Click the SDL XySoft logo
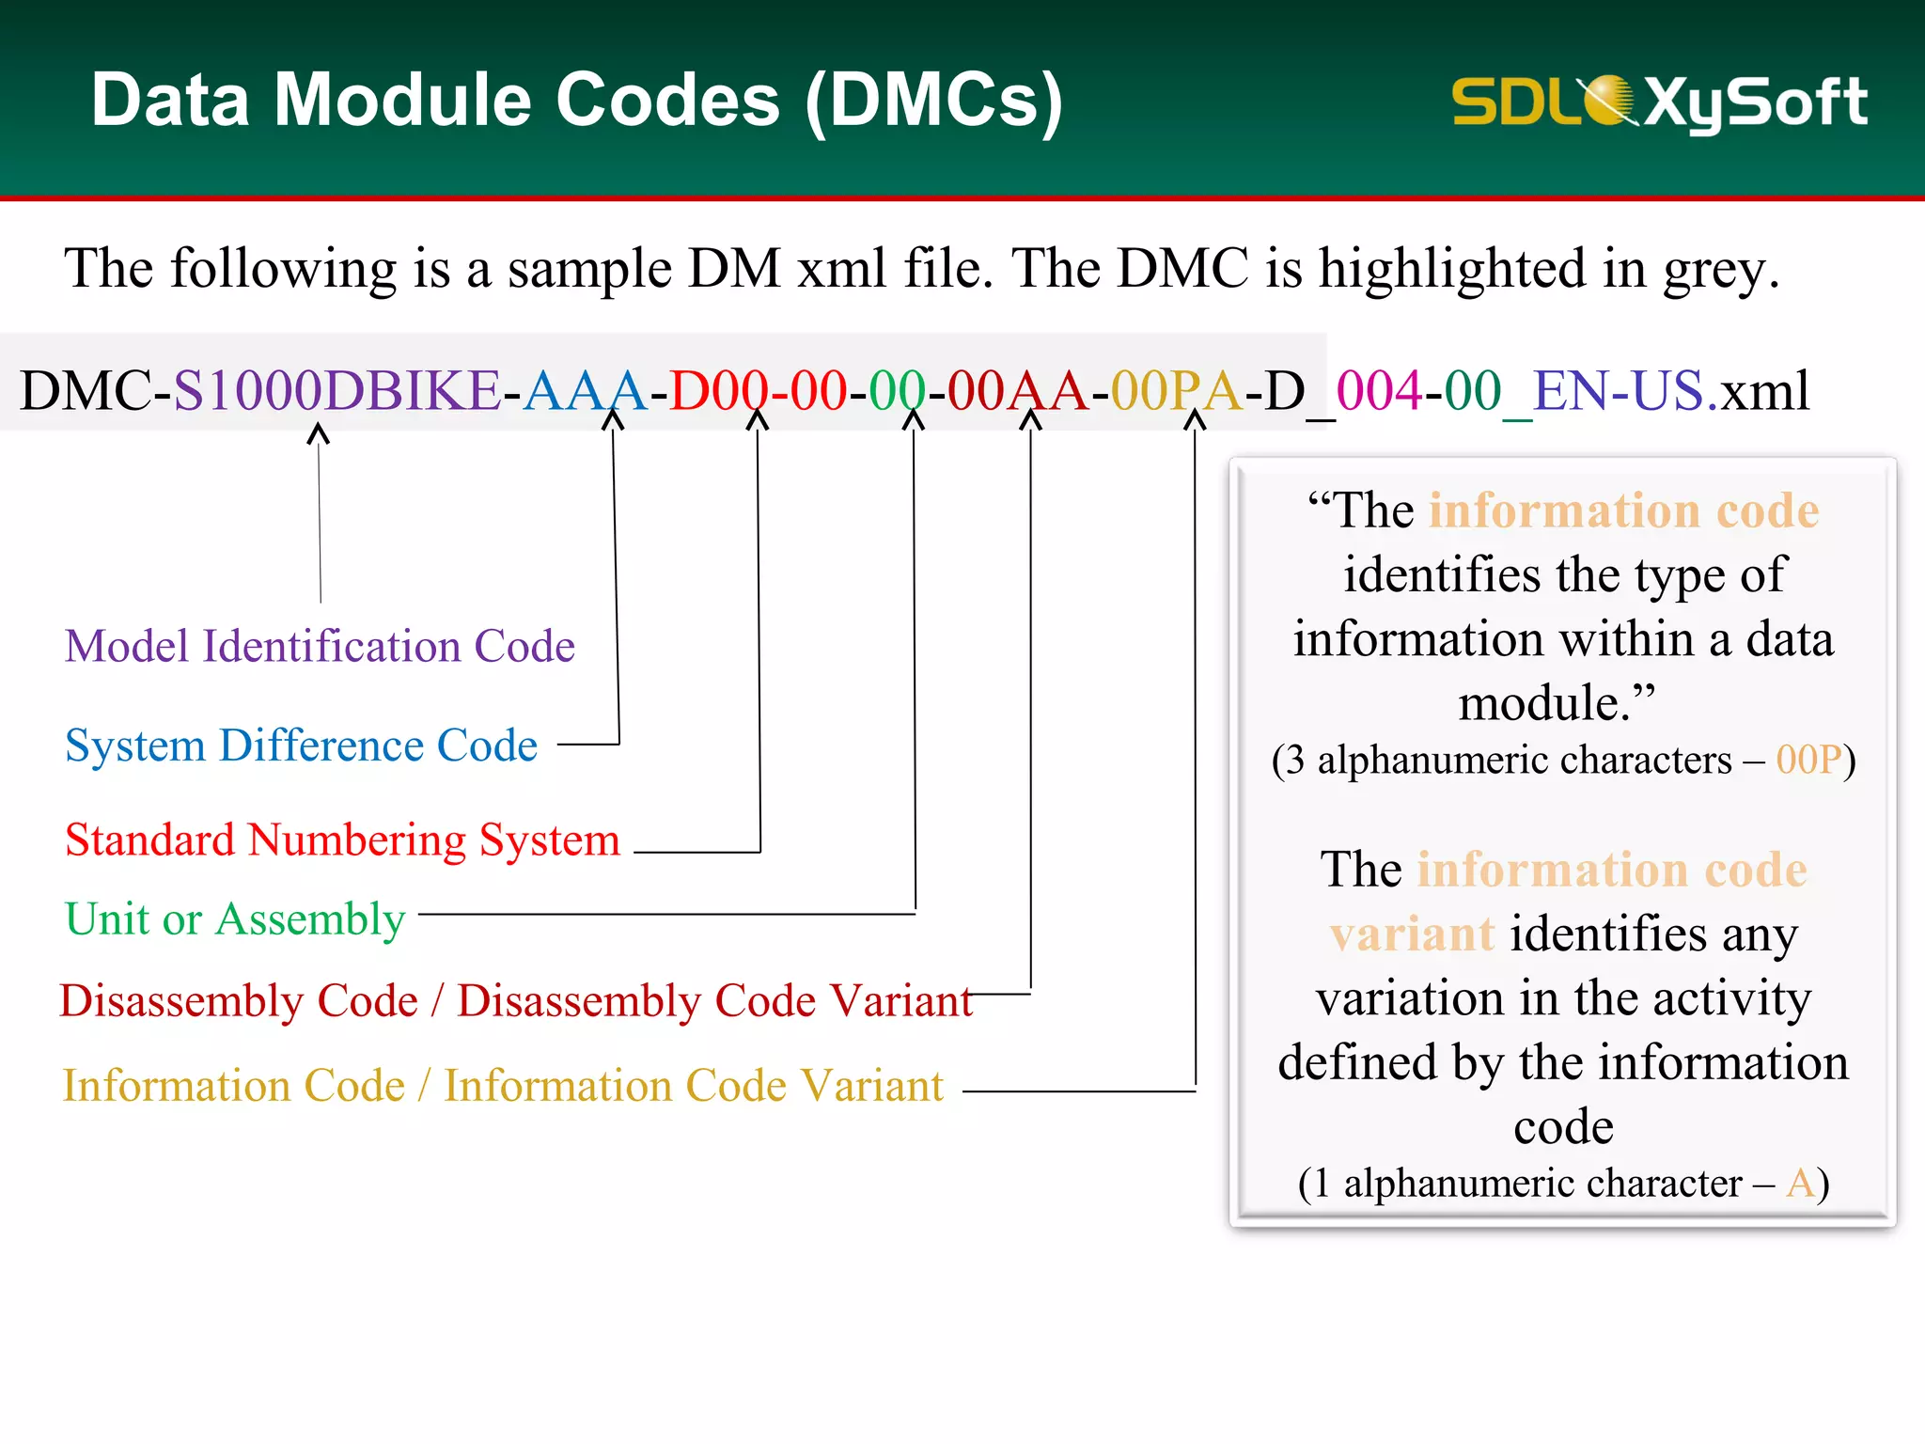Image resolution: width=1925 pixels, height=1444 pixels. tap(1659, 102)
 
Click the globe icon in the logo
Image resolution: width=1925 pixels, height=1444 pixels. tap(1609, 100)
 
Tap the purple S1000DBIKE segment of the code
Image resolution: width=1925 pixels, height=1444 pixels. tap(336, 391)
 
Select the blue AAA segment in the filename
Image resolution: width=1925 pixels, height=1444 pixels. tap(585, 391)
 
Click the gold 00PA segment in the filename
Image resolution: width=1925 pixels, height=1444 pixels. tap(1176, 391)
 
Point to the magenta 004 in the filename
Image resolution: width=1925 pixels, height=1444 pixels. tap(1379, 391)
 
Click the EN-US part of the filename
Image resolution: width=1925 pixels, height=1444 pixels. tap(1618, 391)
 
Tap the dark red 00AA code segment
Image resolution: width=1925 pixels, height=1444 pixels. tap(1017, 391)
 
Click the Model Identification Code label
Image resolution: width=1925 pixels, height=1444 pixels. tap(320, 647)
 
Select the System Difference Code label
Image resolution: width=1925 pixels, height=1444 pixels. tap(301, 746)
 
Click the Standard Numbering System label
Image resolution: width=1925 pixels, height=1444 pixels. tap(342, 840)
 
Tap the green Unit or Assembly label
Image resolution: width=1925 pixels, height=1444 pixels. tap(235, 919)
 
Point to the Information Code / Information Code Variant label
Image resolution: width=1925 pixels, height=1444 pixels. tap(503, 1086)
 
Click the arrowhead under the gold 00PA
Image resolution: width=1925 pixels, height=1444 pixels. tap(1194, 420)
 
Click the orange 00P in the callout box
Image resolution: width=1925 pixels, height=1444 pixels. tap(1808, 760)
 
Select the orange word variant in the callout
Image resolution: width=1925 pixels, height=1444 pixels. tap(1412, 934)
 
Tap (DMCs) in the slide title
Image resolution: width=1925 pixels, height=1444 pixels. tap(934, 102)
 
